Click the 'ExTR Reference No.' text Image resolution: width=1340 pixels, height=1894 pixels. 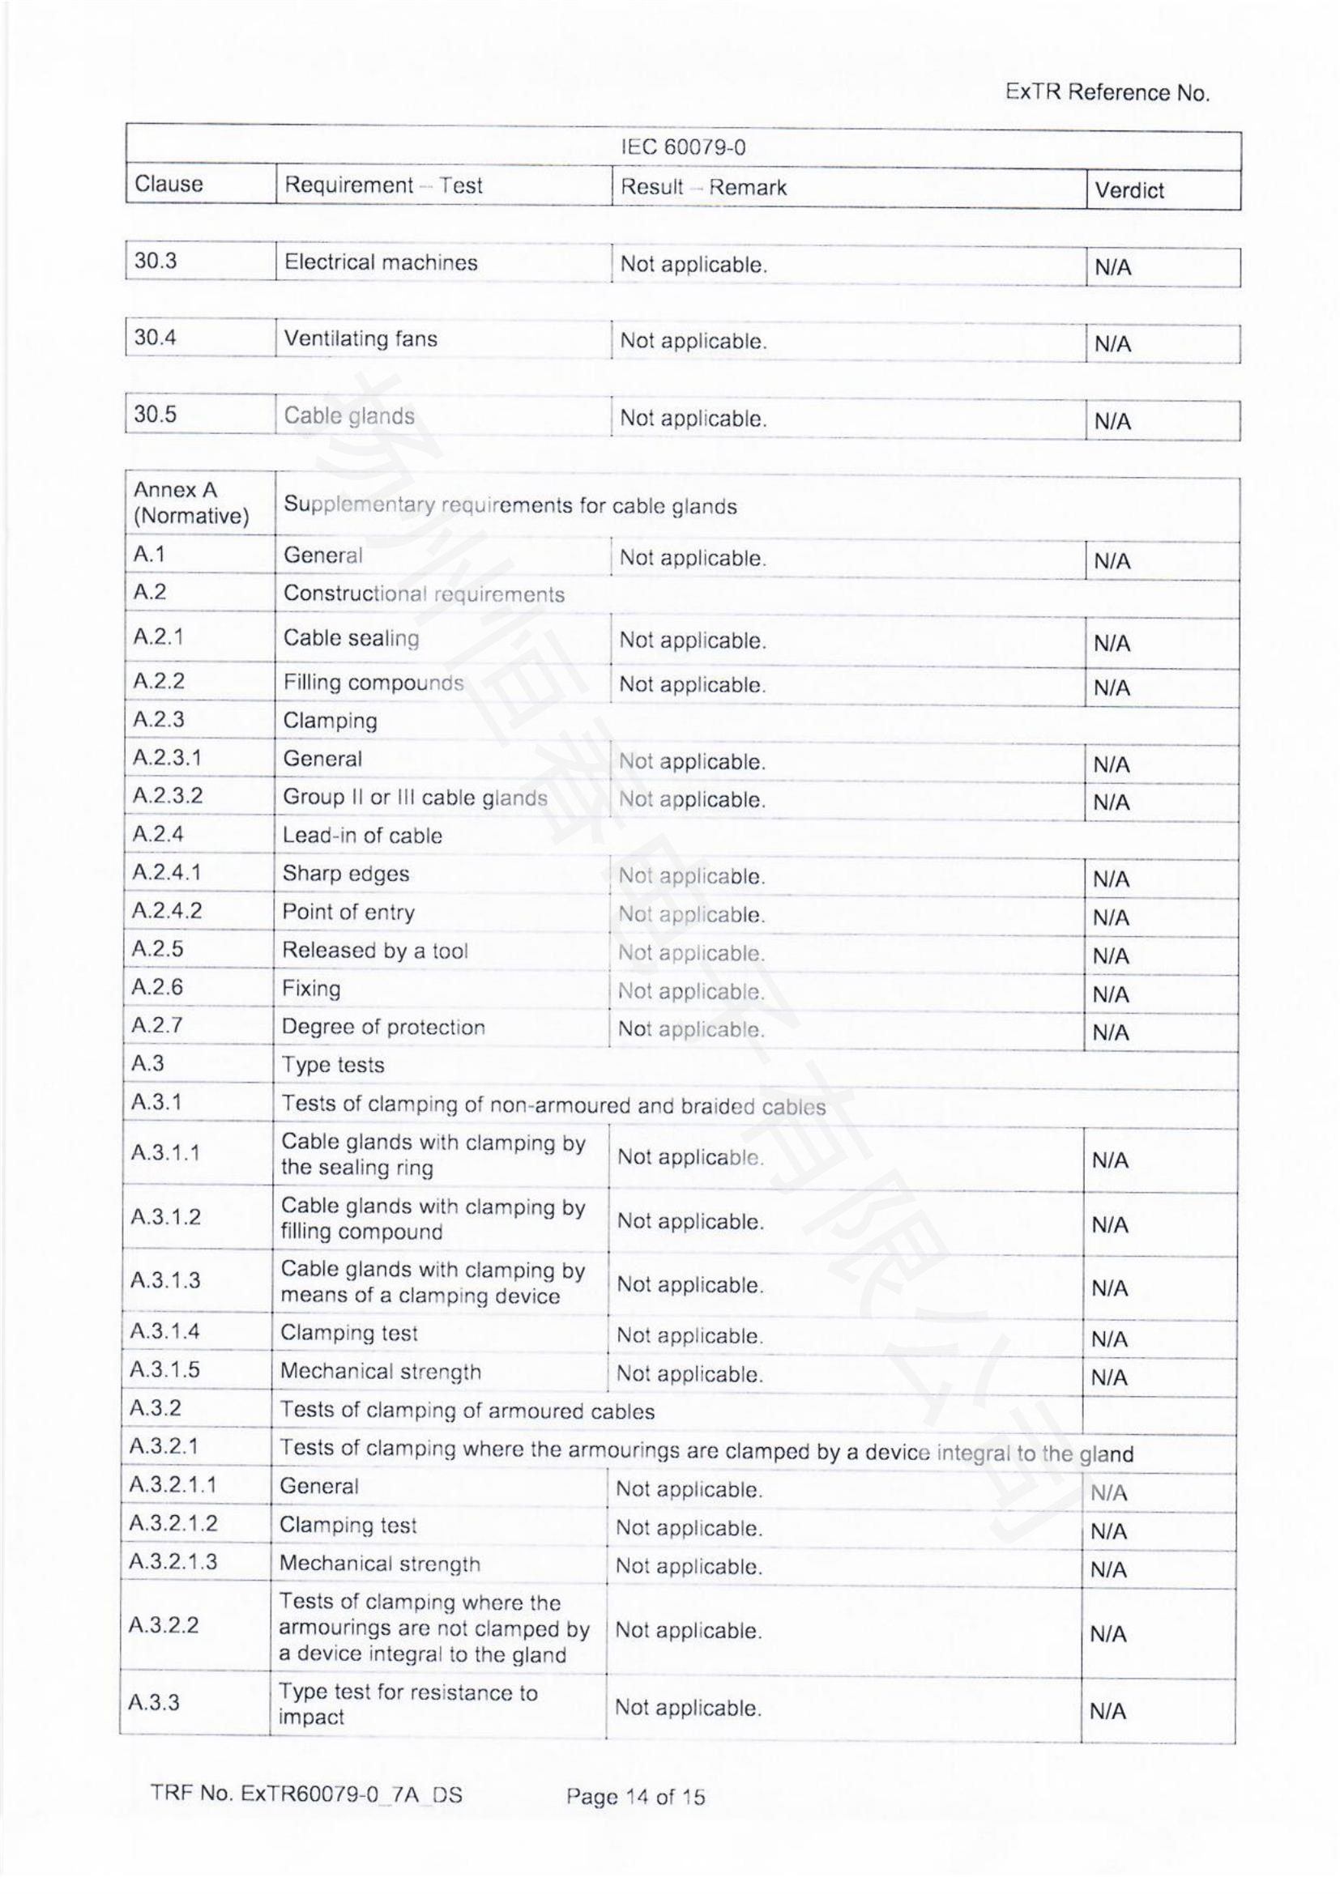point(1107,92)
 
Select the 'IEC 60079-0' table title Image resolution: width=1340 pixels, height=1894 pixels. point(682,147)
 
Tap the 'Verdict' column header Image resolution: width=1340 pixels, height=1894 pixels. point(1128,190)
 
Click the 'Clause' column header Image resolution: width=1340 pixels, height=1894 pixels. point(169,183)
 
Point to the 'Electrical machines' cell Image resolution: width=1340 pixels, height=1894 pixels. point(381,262)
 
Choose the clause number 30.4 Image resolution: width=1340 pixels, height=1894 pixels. point(155,338)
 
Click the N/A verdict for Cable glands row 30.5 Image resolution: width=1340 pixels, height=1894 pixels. point(1112,422)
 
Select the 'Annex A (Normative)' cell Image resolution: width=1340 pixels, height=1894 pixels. point(190,502)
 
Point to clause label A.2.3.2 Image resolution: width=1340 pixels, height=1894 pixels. point(168,795)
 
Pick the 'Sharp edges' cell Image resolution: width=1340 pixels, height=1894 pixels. point(346,874)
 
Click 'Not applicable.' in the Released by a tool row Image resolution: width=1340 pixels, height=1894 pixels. point(691,953)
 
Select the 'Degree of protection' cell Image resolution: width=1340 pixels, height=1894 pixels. point(383,1027)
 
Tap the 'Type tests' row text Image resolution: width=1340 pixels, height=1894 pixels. point(333,1065)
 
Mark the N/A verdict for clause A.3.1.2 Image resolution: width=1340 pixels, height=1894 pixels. point(1110,1225)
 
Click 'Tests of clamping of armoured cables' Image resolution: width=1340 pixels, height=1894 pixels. point(467,1411)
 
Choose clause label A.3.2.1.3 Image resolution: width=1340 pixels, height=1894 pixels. point(173,1561)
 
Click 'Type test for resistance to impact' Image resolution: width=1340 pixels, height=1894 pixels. point(408,1705)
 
